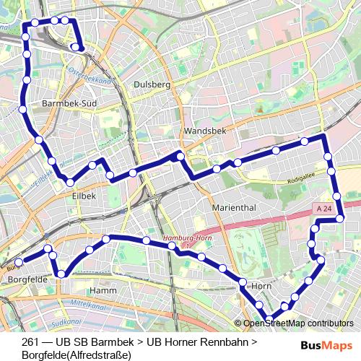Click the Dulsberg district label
pos(151,84)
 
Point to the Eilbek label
pos(84,195)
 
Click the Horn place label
pos(261,286)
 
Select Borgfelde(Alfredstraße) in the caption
pos(76,355)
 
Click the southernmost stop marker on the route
pos(270,318)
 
